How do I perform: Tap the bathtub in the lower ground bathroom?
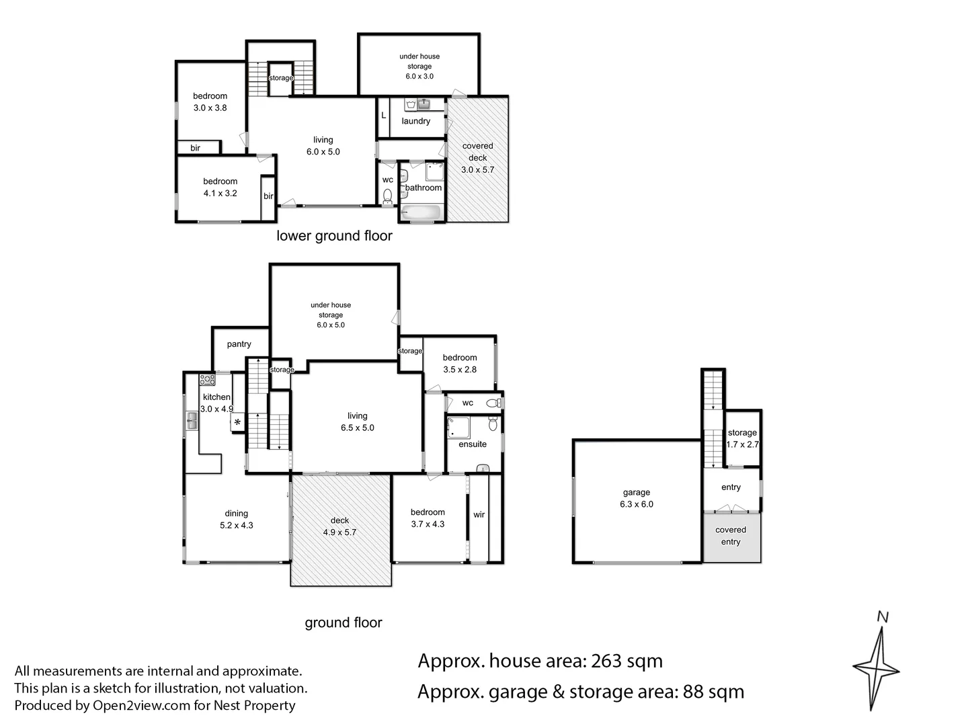point(421,212)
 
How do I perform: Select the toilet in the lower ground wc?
point(387,197)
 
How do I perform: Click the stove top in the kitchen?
point(207,379)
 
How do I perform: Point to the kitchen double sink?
point(192,421)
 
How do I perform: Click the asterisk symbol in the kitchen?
point(237,422)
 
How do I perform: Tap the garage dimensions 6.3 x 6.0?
point(637,504)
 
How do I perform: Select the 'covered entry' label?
point(730,536)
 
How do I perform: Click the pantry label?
point(239,344)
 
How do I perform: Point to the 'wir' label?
point(479,514)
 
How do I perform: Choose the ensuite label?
point(473,444)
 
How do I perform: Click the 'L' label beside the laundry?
point(384,115)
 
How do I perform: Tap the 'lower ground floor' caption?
point(334,236)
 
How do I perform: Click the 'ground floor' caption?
point(344,622)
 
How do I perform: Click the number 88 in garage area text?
point(693,692)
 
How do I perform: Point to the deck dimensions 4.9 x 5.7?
point(339,532)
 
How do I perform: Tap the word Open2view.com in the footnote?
point(142,705)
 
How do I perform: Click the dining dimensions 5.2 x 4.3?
point(237,525)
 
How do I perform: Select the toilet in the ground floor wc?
point(494,403)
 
